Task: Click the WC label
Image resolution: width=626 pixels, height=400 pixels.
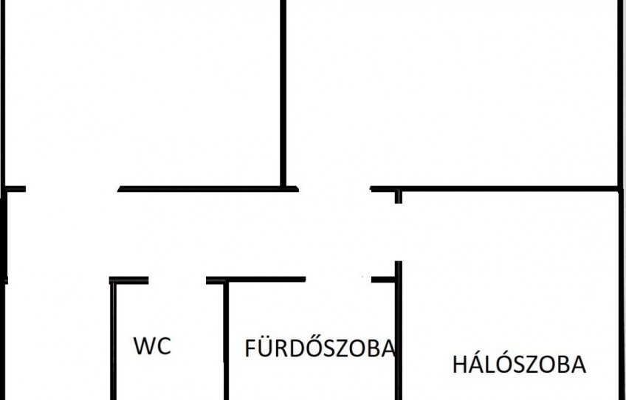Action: tap(152, 345)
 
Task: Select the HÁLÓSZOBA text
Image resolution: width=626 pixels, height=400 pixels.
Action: tap(519, 363)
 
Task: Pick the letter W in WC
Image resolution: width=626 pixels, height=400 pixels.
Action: tap(143, 345)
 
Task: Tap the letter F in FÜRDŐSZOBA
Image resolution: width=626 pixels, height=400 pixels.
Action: tap(249, 348)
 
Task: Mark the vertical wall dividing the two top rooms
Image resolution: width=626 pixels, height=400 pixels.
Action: tap(283, 93)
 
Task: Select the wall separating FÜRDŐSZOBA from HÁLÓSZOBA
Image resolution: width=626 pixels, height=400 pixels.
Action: tap(398, 331)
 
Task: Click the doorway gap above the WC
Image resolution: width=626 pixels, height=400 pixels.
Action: tap(177, 280)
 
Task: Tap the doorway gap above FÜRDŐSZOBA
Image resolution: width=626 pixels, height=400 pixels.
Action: tap(339, 280)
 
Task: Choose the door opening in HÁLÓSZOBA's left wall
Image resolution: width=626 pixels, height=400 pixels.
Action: tap(398, 232)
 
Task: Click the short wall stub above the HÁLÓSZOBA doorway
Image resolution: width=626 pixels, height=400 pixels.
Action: tap(398, 197)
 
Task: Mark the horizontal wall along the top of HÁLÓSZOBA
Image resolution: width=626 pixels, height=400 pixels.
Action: tap(495, 189)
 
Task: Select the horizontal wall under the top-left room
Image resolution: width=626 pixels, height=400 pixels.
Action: tap(208, 189)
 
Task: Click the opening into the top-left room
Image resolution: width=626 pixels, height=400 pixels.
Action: tap(72, 189)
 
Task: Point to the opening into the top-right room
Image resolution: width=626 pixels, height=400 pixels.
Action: tap(334, 189)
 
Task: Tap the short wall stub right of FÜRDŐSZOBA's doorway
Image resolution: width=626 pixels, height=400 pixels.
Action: tap(383, 280)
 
